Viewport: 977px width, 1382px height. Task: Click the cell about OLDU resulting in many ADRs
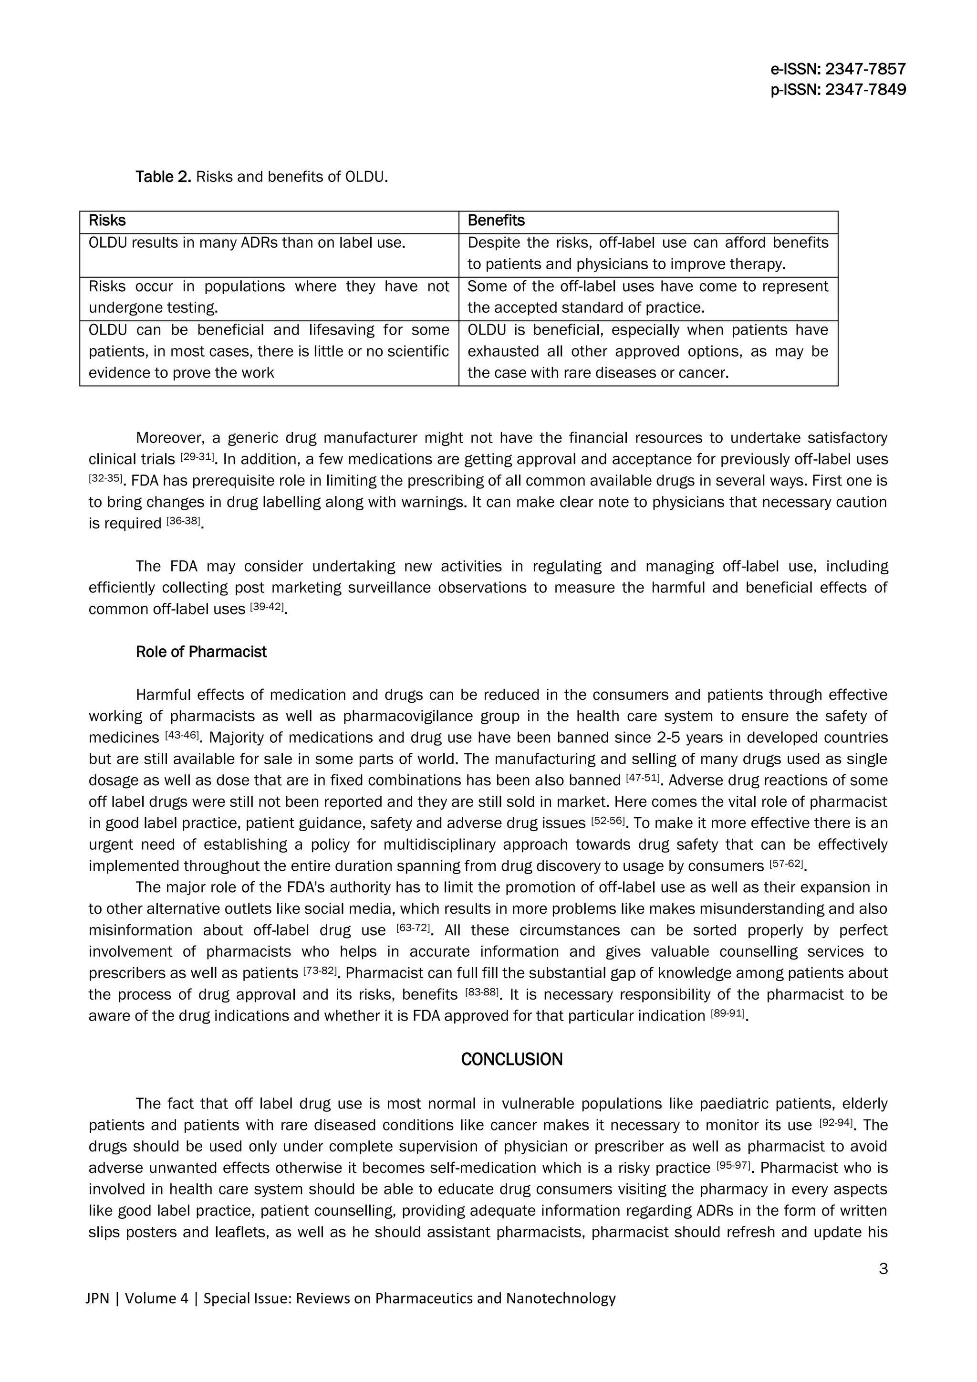click(247, 243)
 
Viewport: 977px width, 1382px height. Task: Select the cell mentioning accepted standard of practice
click(647, 297)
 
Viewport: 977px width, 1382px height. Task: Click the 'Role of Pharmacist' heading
click(201, 652)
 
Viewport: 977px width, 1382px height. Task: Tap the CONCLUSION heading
click(511, 1059)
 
